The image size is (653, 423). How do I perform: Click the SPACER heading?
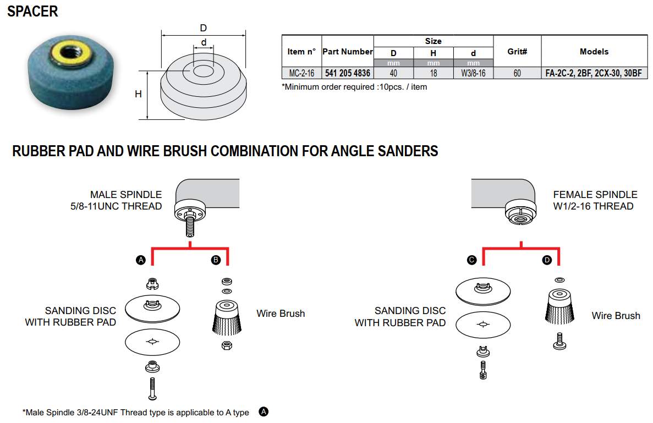pyautogui.click(x=32, y=11)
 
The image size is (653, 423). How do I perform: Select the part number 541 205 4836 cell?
pyautogui.click(x=347, y=73)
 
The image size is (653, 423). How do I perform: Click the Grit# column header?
pyautogui.click(x=517, y=52)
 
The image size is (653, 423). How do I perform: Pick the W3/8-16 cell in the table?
pyautogui.click(x=473, y=73)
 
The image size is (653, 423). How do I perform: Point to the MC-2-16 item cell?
pyautogui.click(x=301, y=73)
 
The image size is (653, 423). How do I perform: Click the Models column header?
pyautogui.click(x=594, y=52)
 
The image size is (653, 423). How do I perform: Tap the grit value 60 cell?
pyautogui.click(x=517, y=73)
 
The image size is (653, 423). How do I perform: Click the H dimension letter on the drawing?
pyautogui.click(x=138, y=94)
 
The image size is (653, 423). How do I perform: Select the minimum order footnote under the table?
pyautogui.click(x=354, y=87)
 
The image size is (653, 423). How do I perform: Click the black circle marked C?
pyautogui.click(x=471, y=260)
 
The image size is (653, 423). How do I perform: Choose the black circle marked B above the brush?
pyautogui.click(x=216, y=260)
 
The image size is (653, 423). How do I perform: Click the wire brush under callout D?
pyautogui.click(x=559, y=307)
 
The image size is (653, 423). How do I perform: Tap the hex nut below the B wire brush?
pyautogui.click(x=227, y=345)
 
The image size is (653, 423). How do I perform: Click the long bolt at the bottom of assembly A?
pyautogui.click(x=152, y=388)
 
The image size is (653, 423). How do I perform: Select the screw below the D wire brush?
pyautogui.click(x=559, y=341)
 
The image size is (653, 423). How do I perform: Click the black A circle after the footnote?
pyautogui.click(x=264, y=412)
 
